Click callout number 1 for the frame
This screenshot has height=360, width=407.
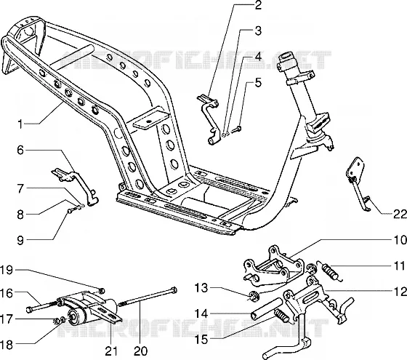point(20,124)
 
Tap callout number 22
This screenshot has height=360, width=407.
point(400,215)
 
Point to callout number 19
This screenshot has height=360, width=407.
point(7,270)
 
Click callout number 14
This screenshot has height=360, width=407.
point(202,313)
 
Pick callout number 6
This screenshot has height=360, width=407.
point(20,150)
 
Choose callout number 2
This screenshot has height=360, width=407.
point(258,5)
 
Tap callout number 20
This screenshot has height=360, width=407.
point(141,351)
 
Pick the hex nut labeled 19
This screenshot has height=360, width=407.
point(102,290)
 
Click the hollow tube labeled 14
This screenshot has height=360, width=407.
point(267,308)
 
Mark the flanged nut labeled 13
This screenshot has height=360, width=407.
point(252,296)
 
